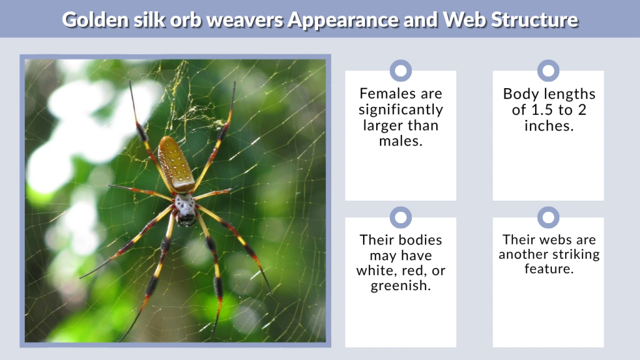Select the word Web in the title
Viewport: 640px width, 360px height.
[x=459, y=19]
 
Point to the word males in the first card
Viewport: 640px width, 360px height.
[x=401, y=141]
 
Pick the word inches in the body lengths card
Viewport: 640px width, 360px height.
[x=548, y=126]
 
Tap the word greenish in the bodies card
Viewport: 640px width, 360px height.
[x=401, y=287]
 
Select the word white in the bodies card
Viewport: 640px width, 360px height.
[x=372, y=271]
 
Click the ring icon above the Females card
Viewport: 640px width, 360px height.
[x=401, y=71]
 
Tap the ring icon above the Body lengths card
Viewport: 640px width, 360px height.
[x=548, y=71]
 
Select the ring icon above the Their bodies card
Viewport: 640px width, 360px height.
[x=401, y=217]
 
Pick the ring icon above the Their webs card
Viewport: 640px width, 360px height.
[x=548, y=217]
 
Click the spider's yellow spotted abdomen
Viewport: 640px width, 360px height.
[x=176, y=164]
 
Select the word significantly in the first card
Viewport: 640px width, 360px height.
[x=401, y=110]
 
